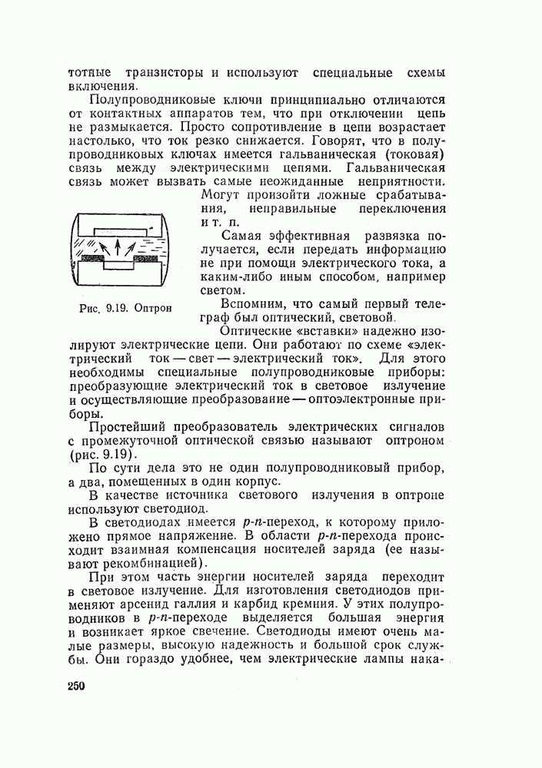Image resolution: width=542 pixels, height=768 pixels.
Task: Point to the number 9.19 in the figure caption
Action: (118, 308)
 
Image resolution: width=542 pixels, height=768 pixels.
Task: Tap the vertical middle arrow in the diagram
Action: (117, 247)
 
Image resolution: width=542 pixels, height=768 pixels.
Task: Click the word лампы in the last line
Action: (389, 659)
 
